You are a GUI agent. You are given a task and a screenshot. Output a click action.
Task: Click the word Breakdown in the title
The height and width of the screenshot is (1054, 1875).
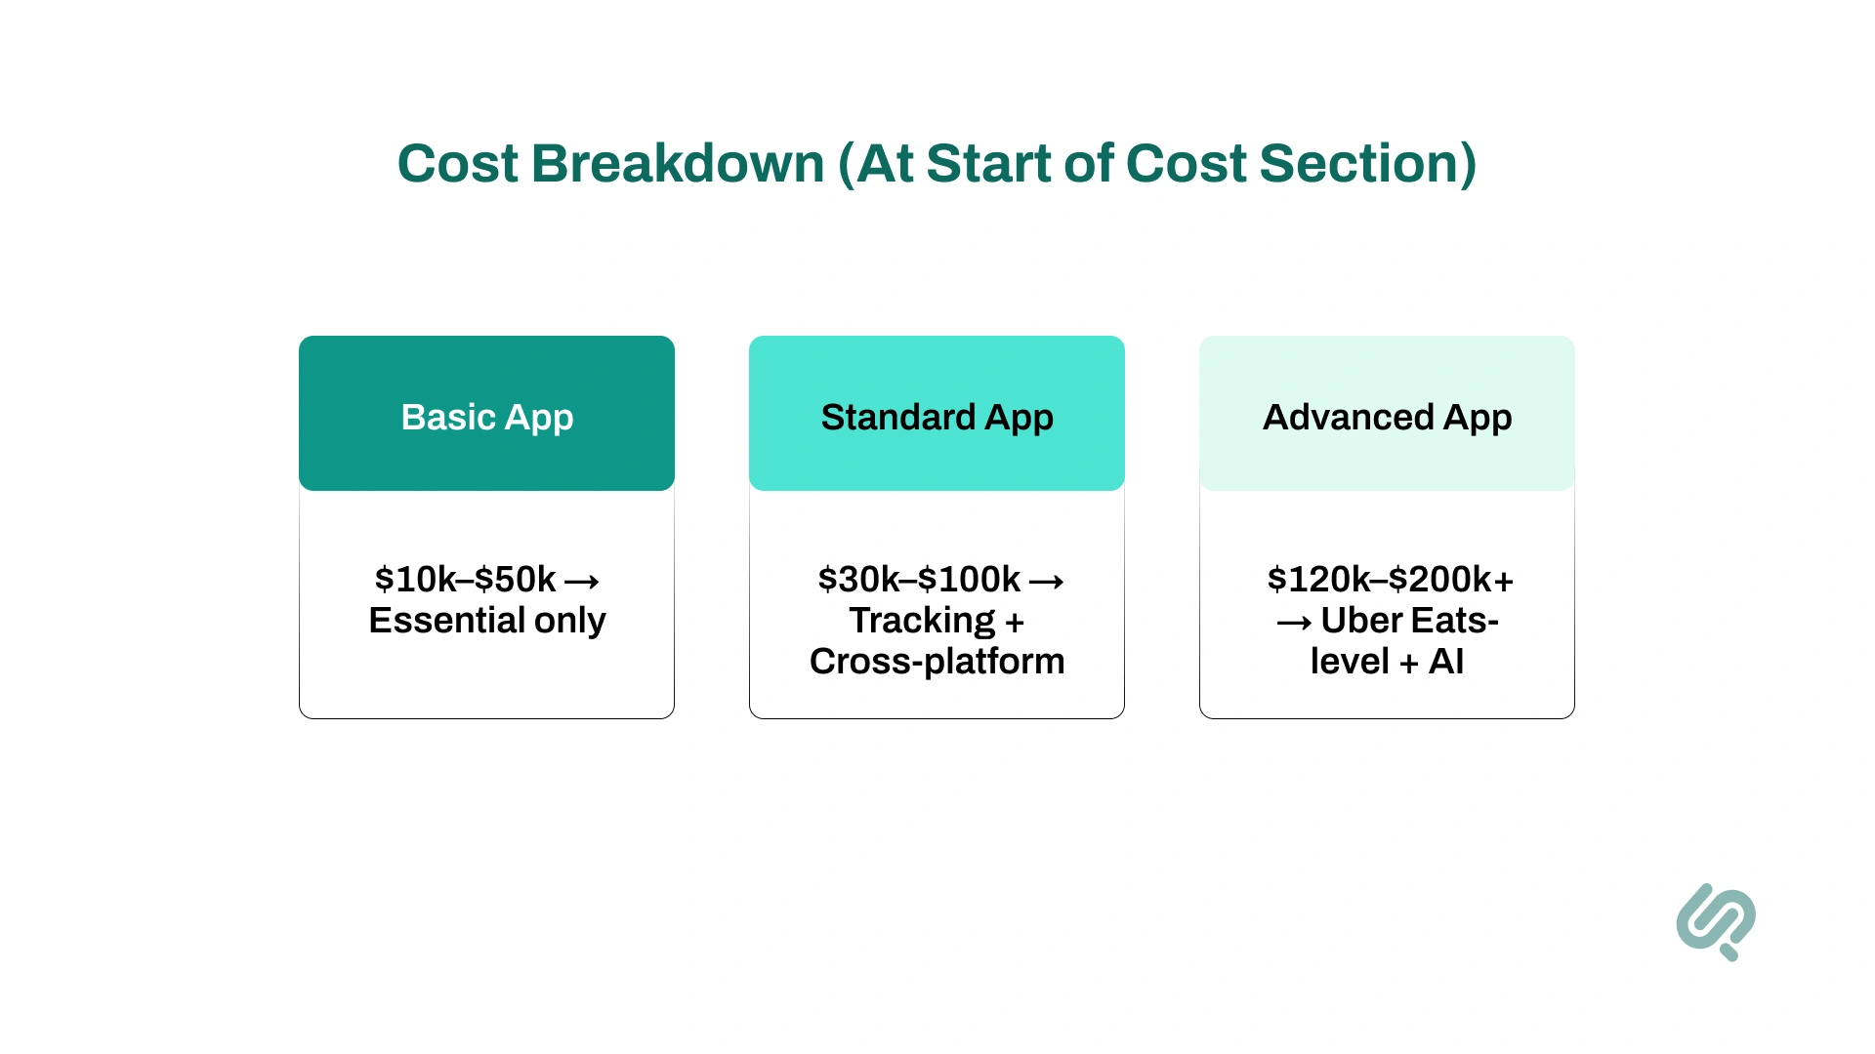point(678,163)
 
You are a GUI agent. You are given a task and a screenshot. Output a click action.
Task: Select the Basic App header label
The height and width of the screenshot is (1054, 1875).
point(486,417)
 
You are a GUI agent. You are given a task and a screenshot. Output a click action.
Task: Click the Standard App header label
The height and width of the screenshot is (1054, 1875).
point(937,417)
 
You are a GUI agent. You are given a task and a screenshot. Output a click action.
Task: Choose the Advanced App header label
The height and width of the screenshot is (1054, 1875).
point(1387,417)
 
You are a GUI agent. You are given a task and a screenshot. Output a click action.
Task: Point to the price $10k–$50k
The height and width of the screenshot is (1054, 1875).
point(465,580)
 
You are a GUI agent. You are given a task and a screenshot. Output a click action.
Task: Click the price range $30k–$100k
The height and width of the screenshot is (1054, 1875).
point(919,580)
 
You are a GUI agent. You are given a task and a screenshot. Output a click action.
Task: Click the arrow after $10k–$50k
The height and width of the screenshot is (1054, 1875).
point(582,583)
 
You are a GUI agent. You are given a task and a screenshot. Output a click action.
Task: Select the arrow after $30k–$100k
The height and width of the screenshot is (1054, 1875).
point(1047,583)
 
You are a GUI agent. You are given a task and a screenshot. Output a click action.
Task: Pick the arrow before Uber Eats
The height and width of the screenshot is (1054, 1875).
point(1294,624)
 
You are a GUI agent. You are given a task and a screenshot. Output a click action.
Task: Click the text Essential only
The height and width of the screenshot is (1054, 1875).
point(486,621)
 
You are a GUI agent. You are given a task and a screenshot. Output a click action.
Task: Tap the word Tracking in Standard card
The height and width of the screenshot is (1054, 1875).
point(922,621)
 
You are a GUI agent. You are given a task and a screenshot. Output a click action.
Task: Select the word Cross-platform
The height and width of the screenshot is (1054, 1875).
point(937,662)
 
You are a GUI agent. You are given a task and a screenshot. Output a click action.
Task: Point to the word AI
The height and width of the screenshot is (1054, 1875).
point(1446,662)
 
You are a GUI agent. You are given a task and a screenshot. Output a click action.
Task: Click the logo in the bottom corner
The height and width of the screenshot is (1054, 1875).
point(1716,921)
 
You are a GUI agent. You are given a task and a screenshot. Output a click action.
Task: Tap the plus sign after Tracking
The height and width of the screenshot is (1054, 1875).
point(1015,623)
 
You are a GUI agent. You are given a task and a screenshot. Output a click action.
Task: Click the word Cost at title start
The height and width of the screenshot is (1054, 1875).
point(457,163)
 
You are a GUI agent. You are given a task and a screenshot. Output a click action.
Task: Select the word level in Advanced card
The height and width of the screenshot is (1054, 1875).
point(1349,662)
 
